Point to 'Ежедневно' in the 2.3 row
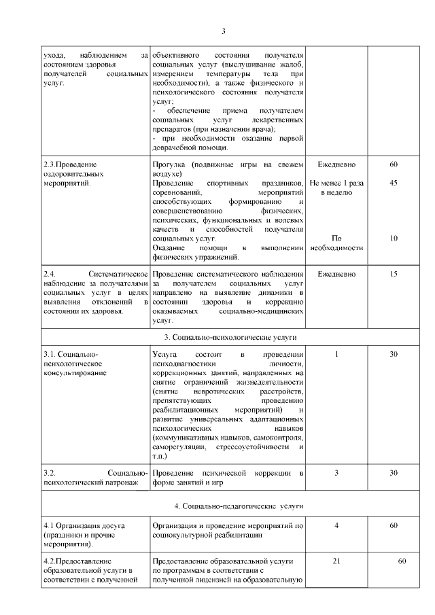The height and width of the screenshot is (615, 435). pyautogui.click(x=336, y=164)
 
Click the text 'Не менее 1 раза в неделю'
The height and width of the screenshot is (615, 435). pyautogui.click(x=336, y=188)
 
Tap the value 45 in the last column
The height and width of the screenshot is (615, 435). pyautogui.click(x=393, y=183)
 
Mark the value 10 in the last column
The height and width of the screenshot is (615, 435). pyautogui.click(x=393, y=239)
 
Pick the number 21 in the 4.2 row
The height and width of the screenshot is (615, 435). pyautogui.click(x=336, y=561)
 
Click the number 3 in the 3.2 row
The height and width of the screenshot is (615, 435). pyautogui.click(x=336, y=472)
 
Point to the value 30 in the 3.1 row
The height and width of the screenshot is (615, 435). pyautogui.click(x=393, y=354)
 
